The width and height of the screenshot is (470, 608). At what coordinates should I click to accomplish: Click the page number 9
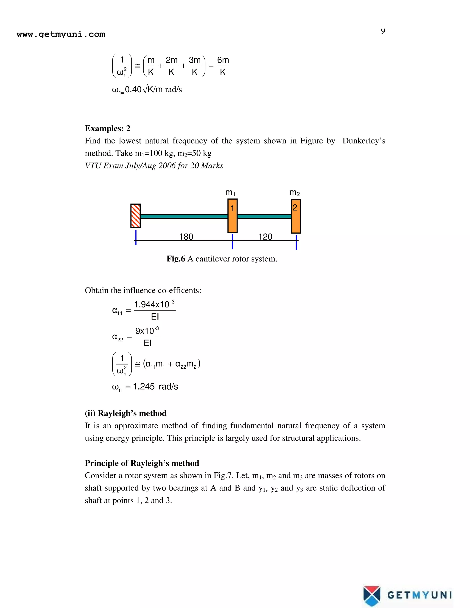[383, 31]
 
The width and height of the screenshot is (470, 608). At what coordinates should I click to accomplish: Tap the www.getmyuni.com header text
[61, 34]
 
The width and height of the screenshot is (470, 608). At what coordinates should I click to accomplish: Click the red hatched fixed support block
[136, 216]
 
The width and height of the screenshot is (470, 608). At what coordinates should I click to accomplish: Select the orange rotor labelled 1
[232, 216]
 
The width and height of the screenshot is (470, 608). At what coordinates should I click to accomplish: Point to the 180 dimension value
[186, 237]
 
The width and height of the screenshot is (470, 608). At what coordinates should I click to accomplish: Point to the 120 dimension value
[265, 237]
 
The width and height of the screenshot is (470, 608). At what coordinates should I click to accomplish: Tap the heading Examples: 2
[107, 128]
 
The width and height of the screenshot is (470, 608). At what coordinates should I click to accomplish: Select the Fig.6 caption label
[176, 259]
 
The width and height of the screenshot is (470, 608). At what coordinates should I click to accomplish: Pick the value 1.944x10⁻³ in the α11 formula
[154, 304]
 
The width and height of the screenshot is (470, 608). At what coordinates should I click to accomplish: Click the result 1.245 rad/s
[155, 386]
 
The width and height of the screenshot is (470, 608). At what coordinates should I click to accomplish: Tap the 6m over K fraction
[223, 66]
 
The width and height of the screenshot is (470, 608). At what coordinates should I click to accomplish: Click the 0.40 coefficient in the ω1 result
[133, 90]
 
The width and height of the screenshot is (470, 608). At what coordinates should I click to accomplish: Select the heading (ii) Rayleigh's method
[126, 413]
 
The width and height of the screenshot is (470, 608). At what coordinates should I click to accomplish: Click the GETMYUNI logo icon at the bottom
[372, 596]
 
